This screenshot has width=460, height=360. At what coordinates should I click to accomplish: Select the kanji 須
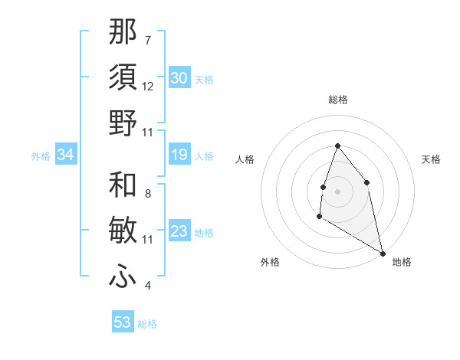(123, 77)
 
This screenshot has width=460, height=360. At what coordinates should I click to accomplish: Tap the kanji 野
(123, 123)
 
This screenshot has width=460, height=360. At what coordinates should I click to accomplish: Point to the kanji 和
(123, 184)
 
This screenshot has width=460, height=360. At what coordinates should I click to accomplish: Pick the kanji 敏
(123, 231)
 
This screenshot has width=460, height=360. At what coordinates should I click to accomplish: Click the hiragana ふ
(123, 276)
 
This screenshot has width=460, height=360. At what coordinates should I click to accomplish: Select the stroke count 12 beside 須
(148, 86)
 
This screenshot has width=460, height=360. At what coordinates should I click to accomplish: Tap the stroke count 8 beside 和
(148, 193)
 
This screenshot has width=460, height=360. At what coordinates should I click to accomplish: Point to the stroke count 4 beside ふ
(148, 286)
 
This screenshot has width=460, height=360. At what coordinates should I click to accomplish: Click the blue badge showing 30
(179, 78)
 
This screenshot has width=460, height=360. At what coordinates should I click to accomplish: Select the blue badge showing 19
(179, 155)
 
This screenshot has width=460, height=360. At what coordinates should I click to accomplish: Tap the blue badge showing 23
(179, 231)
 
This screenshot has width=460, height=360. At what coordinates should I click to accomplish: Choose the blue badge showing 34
(66, 155)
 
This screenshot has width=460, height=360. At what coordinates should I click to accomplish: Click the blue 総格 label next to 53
(147, 324)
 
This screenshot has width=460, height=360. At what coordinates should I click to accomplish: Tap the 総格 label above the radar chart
(337, 100)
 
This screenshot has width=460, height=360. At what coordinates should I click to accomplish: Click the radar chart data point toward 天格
(367, 182)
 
